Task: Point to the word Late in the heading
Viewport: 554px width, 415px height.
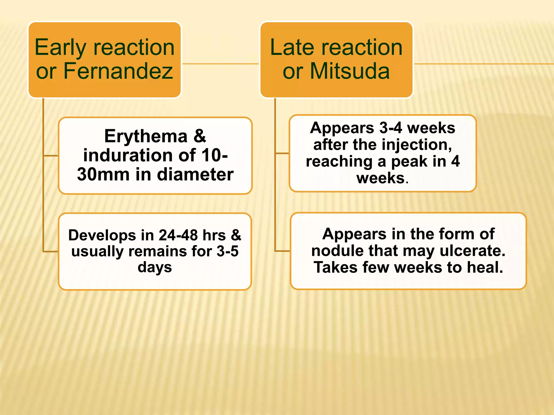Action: click(x=292, y=47)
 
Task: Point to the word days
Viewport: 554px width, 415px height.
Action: click(x=155, y=267)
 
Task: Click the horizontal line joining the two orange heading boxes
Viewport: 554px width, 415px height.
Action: click(x=220, y=64)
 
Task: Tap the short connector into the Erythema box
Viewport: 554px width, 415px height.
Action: click(x=51, y=156)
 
